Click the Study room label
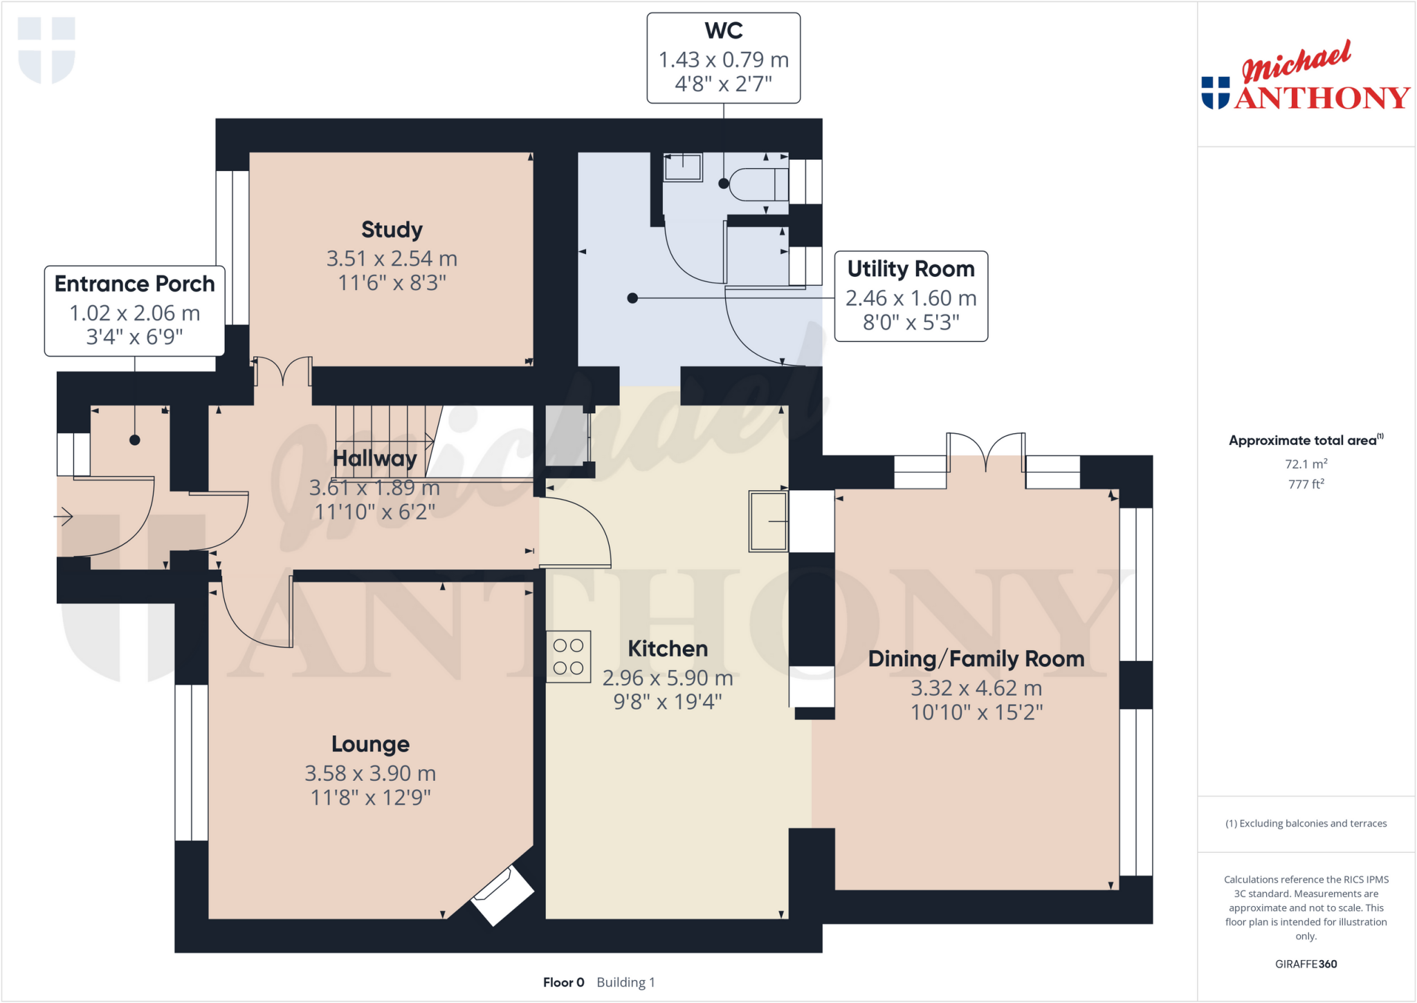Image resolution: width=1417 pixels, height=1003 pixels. (x=392, y=230)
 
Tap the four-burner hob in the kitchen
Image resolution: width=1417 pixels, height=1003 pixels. (x=568, y=656)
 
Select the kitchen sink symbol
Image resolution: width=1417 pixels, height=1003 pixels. (x=768, y=521)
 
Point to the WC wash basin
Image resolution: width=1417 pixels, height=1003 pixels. (x=682, y=168)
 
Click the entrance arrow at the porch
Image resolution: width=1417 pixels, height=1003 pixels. (x=64, y=516)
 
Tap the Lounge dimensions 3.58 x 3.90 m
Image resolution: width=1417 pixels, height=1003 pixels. (x=370, y=773)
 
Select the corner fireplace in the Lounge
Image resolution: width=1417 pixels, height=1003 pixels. (x=503, y=896)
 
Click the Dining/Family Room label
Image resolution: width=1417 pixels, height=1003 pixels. (x=976, y=659)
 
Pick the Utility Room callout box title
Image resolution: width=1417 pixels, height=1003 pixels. (x=911, y=269)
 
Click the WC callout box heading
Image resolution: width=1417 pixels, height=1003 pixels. (x=724, y=30)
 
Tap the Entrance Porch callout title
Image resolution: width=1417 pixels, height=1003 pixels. (x=134, y=284)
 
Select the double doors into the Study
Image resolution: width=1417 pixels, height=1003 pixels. (x=283, y=371)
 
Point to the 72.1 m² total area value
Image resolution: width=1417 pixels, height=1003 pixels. (x=1306, y=464)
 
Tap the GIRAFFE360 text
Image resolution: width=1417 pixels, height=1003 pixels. (x=1306, y=964)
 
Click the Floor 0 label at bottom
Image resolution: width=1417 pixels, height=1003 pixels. (x=563, y=982)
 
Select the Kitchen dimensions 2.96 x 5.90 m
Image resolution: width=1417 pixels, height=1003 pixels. (x=667, y=678)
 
